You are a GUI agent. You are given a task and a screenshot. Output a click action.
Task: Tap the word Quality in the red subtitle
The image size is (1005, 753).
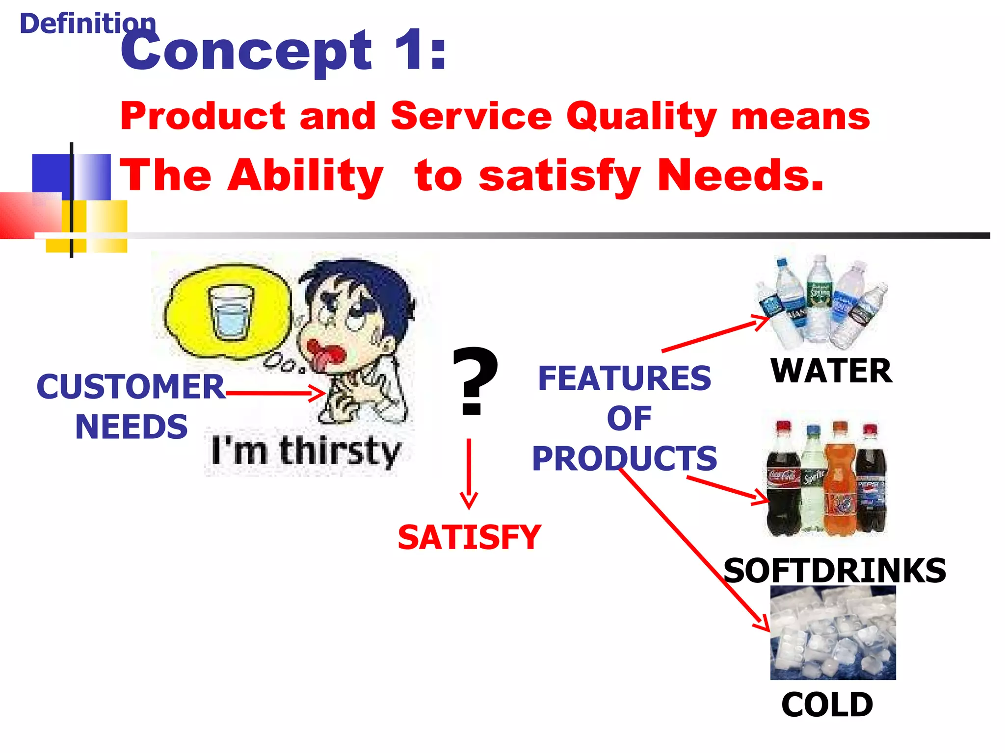tap(642, 117)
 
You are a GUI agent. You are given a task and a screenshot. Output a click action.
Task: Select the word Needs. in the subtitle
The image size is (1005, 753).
tap(740, 176)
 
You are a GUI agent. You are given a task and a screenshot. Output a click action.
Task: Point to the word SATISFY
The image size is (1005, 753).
tap(469, 538)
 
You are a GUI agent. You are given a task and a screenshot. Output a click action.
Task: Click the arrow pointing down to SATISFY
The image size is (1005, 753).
tap(469, 473)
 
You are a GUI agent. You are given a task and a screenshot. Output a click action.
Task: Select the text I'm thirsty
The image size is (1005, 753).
tap(305, 451)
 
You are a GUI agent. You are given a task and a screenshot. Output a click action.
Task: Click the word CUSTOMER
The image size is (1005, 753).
tap(131, 387)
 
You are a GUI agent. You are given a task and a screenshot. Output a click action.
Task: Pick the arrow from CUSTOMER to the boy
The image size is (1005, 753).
tap(275, 393)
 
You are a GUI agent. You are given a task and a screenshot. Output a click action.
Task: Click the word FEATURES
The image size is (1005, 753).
tap(624, 378)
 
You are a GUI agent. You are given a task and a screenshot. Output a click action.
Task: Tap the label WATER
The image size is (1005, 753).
tap(831, 371)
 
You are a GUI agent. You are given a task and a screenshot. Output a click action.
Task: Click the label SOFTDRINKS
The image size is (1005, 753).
tap(834, 571)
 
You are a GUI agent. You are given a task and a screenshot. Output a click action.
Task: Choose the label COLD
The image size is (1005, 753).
tap(827, 705)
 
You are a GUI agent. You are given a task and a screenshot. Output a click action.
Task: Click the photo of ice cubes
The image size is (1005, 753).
tap(833, 632)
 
